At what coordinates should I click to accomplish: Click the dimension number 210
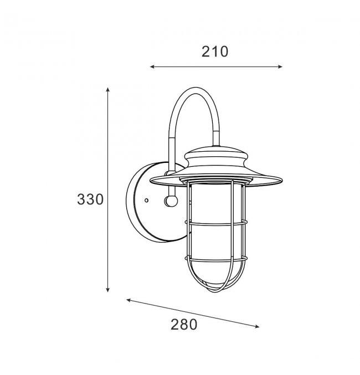215,52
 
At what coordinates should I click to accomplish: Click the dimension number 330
90,199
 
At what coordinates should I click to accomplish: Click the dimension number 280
184,325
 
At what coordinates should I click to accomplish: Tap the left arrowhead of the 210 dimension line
152,67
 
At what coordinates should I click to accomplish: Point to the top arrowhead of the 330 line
108,89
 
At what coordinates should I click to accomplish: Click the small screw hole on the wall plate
147,201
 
